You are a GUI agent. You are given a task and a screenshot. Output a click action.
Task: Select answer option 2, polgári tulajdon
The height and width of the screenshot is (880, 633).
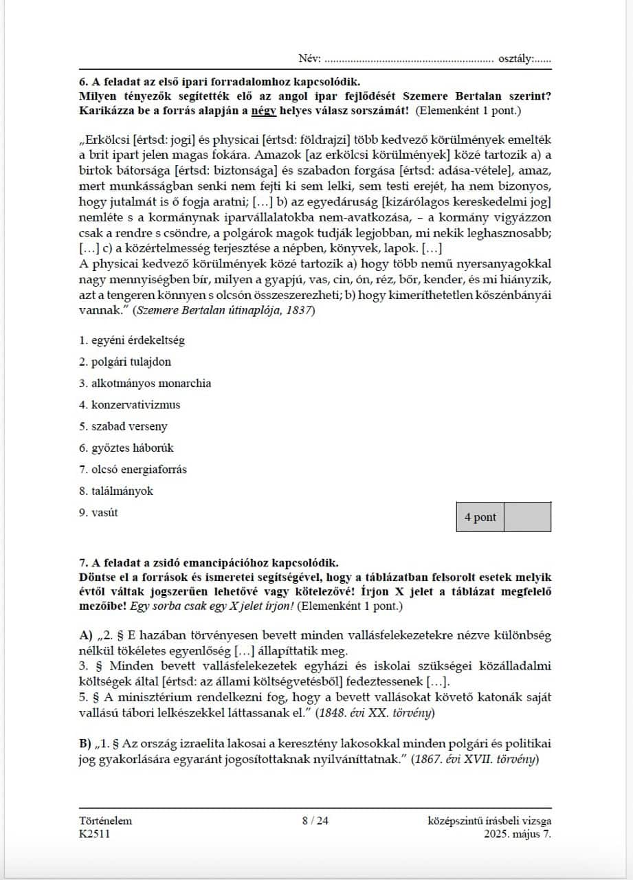[125, 362]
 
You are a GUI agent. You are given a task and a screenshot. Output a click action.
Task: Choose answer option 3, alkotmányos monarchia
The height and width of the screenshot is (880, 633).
[145, 384]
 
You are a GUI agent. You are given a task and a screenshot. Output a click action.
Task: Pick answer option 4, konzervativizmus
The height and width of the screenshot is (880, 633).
[130, 405]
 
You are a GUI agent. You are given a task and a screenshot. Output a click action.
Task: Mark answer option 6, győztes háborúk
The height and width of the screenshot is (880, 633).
[126, 448]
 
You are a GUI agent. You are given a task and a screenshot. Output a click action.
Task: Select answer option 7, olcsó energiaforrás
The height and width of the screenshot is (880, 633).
[133, 470]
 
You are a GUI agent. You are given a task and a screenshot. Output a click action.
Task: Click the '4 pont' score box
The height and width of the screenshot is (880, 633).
[480, 517]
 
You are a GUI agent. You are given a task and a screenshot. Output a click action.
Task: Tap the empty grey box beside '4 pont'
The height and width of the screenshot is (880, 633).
[527, 517]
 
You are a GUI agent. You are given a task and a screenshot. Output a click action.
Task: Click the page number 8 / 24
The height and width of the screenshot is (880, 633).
[315, 820]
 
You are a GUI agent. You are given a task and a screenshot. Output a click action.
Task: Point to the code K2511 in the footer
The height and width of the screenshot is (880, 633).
[94, 834]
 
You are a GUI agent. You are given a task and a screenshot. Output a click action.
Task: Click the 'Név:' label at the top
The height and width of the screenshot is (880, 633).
[309, 59]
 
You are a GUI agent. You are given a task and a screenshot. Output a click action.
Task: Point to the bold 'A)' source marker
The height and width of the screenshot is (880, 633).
[86, 635]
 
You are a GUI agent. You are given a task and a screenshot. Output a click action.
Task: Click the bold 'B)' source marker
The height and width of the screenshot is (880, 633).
[86, 744]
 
